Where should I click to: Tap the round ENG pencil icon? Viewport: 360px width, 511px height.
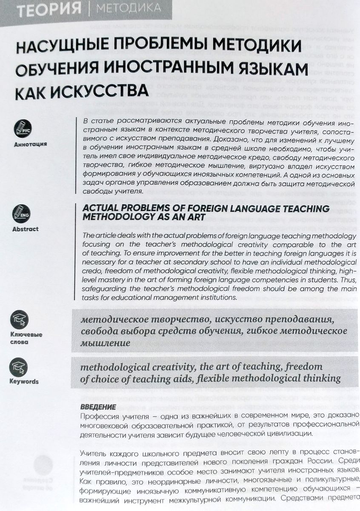[24, 212]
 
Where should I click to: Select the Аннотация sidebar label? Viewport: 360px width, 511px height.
[30, 144]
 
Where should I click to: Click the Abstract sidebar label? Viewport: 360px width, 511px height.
[25, 229]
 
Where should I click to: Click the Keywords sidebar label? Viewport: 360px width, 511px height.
[24, 382]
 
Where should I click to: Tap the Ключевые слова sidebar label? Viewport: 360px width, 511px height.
[26, 338]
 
